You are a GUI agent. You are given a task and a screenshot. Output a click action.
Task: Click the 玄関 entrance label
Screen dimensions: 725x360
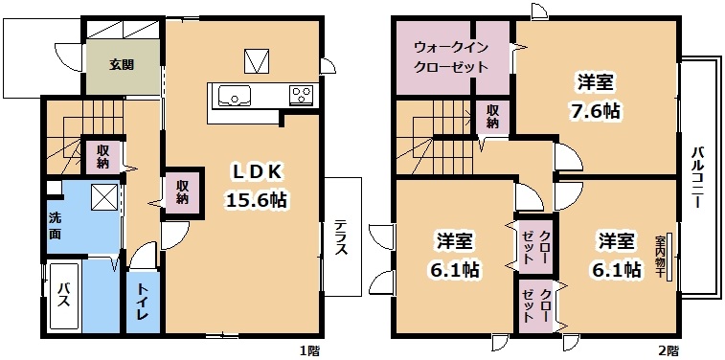(x=122, y=65)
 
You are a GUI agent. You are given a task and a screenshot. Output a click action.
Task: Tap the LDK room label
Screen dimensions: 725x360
(x=256, y=172)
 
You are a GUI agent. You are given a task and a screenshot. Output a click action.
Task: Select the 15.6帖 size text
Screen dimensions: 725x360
(x=256, y=200)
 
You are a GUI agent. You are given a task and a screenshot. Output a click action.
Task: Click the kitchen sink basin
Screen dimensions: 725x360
(x=235, y=96)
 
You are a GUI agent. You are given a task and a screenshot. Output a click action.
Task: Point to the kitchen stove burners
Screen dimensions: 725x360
(x=303, y=95)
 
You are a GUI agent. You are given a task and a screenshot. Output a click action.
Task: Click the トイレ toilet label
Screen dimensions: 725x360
(x=143, y=303)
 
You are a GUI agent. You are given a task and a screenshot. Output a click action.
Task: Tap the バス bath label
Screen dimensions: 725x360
(x=63, y=296)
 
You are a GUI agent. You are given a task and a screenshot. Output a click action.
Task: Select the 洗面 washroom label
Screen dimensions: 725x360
(x=55, y=226)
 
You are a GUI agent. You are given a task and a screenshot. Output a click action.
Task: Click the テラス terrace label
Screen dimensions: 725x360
(x=341, y=237)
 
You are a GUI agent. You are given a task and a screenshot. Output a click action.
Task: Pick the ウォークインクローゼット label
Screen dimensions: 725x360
(x=450, y=56)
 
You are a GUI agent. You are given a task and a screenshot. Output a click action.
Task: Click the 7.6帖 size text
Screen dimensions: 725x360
(x=596, y=111)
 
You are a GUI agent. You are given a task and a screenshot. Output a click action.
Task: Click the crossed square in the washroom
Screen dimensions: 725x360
(x=105, y=197)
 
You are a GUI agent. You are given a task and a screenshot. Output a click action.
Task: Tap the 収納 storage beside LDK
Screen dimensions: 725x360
(x=184, y=192)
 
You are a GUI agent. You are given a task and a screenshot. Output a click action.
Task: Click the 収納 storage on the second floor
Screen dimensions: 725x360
(x=493, y=116)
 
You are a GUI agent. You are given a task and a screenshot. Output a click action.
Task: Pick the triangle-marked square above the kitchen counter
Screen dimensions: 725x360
(x=257, y=61)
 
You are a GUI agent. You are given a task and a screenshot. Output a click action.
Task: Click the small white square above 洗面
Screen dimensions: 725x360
(x=55, y=188)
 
